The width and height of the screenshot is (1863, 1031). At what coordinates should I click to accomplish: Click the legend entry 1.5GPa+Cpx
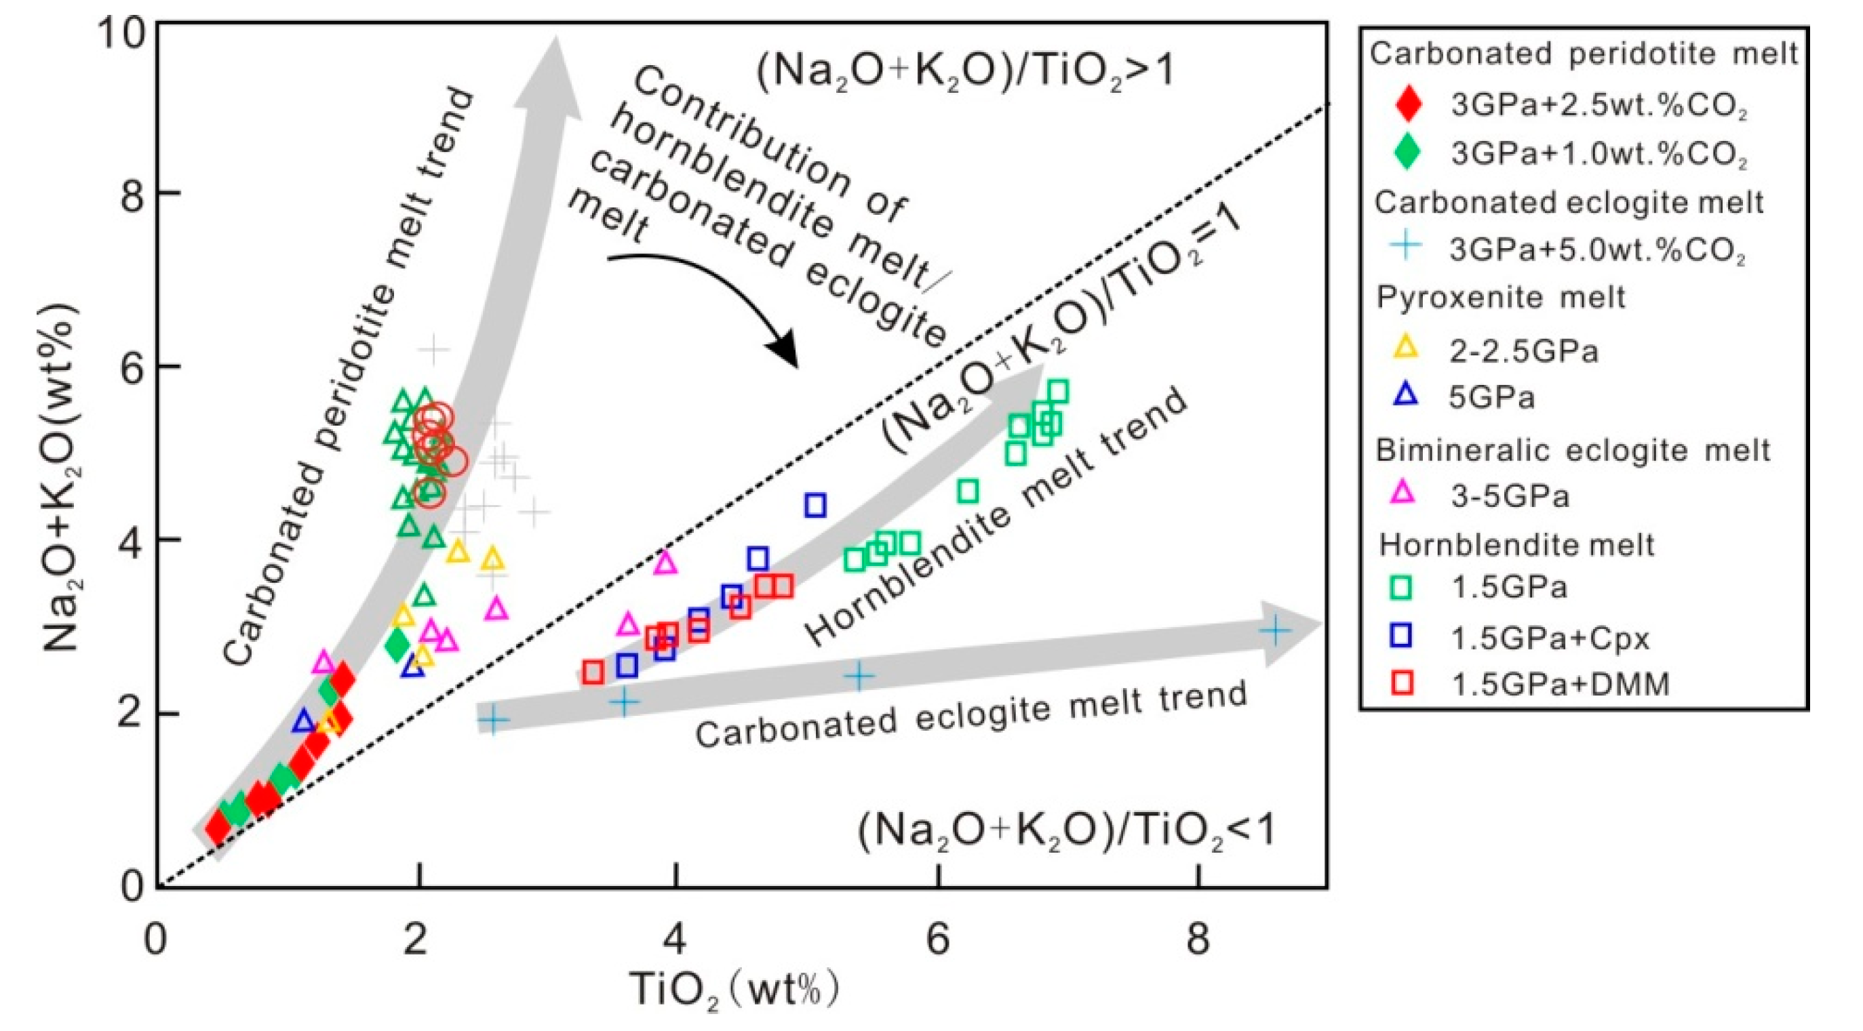coord(1550,638)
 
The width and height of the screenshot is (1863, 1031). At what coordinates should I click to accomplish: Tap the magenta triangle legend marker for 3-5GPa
coord(1406,493)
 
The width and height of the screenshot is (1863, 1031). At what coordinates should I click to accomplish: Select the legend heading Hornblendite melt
coord(1516,544)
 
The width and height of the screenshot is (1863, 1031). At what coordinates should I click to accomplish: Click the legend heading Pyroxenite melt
coord(1502,297)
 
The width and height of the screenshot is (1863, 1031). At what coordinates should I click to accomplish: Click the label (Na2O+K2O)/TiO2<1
coord(1067,832)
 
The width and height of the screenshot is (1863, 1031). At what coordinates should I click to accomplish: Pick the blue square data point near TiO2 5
coord(815,505)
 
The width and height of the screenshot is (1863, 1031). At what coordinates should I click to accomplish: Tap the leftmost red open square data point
coord(593,672)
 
